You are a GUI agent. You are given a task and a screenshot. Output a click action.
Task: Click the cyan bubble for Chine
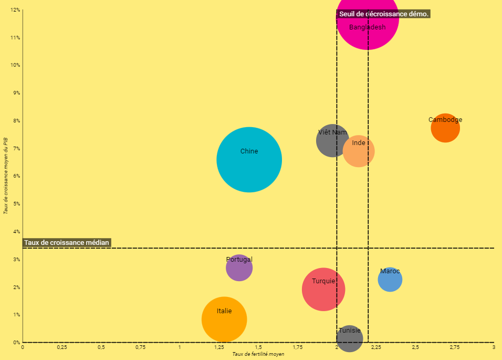pos(249,160)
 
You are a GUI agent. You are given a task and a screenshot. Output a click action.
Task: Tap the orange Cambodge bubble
pos(445,128)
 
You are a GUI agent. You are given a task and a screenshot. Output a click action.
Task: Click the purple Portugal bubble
pos(239,268)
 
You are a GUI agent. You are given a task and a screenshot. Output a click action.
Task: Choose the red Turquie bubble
pos(323,289)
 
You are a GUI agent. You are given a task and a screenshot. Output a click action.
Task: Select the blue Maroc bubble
pos(390,280)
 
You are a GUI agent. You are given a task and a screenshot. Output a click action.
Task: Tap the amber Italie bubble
pos(224,319)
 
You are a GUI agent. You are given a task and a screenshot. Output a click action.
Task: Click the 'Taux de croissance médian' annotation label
pos(67,242)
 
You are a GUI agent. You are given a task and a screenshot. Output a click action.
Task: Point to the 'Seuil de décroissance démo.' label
pos(384,14)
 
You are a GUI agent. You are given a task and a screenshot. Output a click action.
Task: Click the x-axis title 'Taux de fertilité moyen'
pos(258,354)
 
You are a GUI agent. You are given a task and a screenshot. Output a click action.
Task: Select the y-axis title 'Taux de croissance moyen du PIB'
pos(5,176)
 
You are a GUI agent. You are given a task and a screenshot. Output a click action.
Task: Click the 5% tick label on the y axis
pos(16,204)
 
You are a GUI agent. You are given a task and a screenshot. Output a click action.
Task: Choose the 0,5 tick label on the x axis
pos(101,347)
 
